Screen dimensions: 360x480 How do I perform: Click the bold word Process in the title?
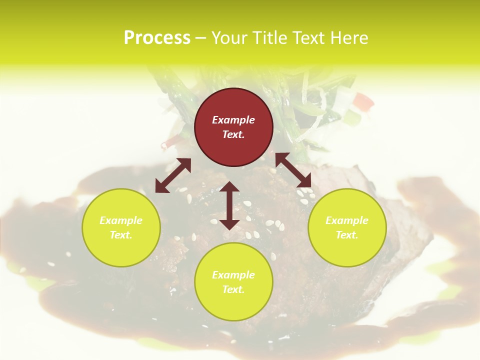click(157, 38)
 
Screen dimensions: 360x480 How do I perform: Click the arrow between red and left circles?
click(173, 175)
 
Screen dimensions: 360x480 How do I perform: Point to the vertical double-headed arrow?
click(229, 205)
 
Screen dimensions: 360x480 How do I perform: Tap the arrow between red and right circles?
click(293, 170)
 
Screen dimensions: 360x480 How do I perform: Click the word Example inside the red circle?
click(233, 120)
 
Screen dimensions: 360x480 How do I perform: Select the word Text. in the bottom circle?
click(233, 289)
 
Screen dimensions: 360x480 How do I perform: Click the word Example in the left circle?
click(121, 220)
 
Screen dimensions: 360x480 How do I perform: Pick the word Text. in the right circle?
click(347, 235)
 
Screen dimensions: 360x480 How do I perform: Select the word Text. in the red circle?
click(233, 134)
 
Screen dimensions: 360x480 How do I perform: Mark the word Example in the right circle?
click(347, 220)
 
